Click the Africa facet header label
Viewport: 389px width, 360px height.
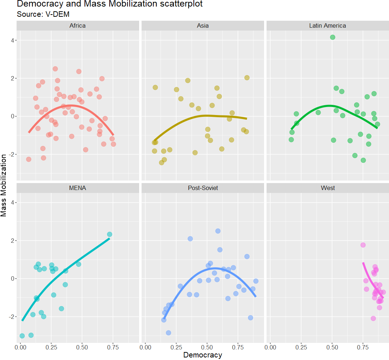pyautogui.click(x=78, y=26)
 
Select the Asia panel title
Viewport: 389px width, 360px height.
pyautogui.click(x=203, y=26)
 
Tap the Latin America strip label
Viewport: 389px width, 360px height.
pyautogui.click(x=327, y=26)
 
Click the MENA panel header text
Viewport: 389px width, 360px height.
pyautogui.click(x=78, y=188)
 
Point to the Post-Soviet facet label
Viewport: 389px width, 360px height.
pyautogui.click(x=203, y=188)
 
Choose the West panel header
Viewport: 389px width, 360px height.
pyautogui.click(x=327, y=188)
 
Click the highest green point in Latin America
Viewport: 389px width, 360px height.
pyautogui.click(x=332, y=37)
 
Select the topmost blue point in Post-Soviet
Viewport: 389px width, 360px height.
pyautogui.click(x=218, y=231)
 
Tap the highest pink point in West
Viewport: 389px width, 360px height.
pyautogui.click(x=363, y=245)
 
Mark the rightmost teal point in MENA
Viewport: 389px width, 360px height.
pyautogui.click(x=109, y=234)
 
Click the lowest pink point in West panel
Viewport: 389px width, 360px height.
pyautogui.click(x=373, y=318)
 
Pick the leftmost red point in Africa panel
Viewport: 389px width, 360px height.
pyautogui.click(x=28, y=159)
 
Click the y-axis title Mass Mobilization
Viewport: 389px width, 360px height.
pyautogui.click(x=4, y=185)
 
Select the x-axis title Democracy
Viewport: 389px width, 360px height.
pyautogui.click(x=203, y=355)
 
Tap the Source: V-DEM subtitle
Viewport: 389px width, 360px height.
pyautogui.click(x=43, y=15)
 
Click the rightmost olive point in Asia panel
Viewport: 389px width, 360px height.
pyautogui.click(x=247, y=78)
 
